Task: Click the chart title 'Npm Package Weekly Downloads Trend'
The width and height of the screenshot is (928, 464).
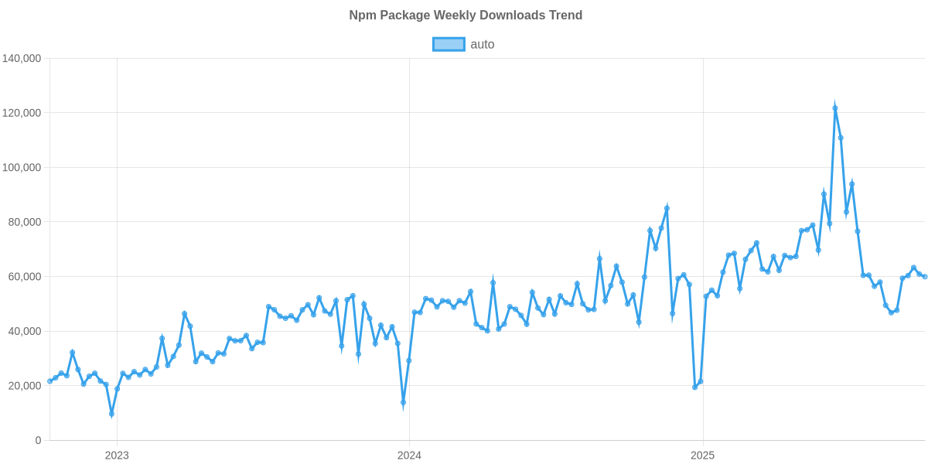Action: click(x=465, y=15)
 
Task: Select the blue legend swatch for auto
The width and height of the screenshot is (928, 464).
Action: click(x=449, y=44)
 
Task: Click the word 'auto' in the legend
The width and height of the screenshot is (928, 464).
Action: click(x=483, y=44)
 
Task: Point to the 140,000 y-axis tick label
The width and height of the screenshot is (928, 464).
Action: click(x=22, y=59)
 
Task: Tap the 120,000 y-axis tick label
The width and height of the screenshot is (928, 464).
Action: click(x=22, y=113)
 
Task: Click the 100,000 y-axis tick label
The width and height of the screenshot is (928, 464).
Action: click(x=22, y=168)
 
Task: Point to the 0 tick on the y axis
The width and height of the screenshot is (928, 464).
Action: click(x=38, y=441)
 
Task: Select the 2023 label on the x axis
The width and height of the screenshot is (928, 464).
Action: click(x=117, y=455)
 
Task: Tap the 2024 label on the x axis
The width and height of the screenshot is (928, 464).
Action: click(x=409, y=455)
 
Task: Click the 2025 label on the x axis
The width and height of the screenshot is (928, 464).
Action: click(x=702, y=455)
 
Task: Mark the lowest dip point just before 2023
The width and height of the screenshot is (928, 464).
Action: click(x=111, y=415)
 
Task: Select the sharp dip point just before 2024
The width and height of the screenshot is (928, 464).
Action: click(x=403, y=404)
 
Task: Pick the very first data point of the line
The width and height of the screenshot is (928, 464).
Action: click(x=49, y=380)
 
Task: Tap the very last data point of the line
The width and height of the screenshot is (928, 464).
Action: click(x=925, y=276)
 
